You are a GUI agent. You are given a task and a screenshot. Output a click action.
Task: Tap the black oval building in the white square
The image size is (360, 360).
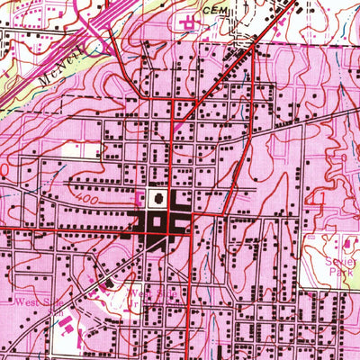click(x=158, y=198)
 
